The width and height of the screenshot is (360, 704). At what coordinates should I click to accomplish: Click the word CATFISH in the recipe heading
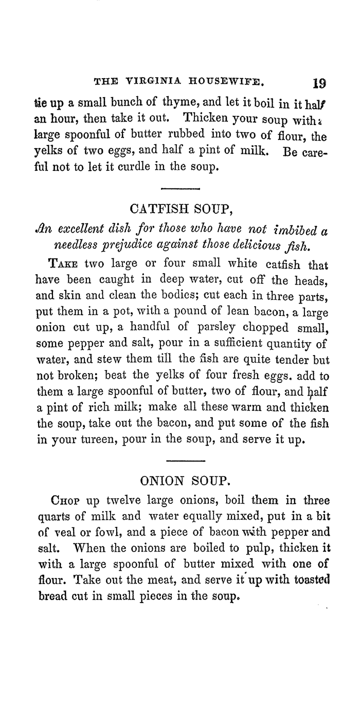coord(165,209)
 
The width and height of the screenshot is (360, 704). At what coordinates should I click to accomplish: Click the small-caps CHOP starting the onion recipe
coord(65,501)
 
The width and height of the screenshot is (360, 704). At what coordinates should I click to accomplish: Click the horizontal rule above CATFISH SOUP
coord(180,189)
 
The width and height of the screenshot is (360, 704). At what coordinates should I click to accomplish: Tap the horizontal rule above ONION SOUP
coord(187,460)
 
